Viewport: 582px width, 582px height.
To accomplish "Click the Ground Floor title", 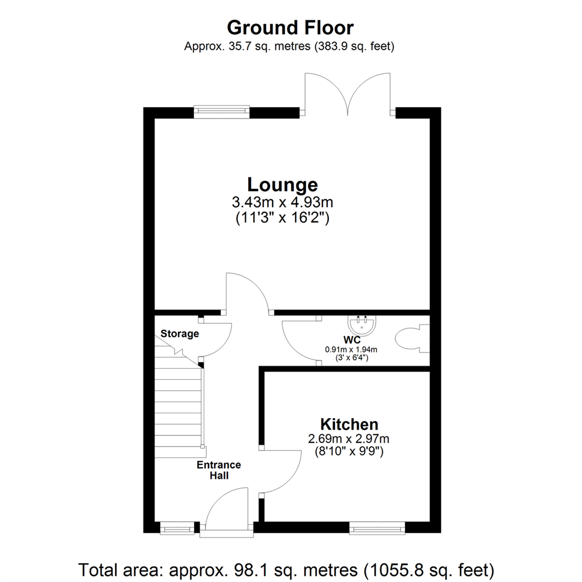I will point(290,27).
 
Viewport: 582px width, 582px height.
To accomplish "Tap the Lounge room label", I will point(282,185).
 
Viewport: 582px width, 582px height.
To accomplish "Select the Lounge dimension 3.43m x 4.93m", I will point(282,203).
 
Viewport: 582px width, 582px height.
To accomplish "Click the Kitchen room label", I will point(349,424).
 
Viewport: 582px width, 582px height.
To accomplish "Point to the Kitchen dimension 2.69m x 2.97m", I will point(349,439).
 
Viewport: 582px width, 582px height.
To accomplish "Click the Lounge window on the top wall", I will point(221,112).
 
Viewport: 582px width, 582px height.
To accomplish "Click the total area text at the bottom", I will point(287,569).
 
